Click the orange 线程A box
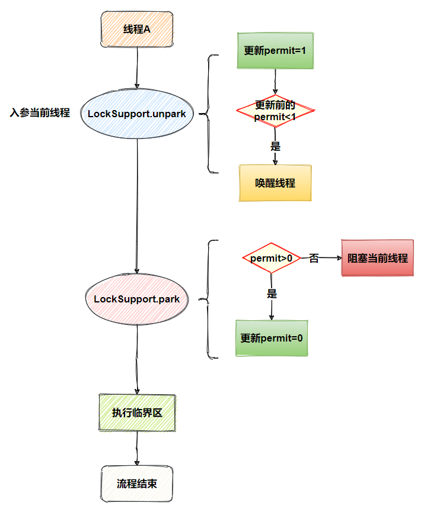tap(137, 30)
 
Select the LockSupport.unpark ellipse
tap(137, 113)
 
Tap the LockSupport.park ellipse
tap(137, 299)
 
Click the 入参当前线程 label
tap(40, 113)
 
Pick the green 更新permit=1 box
tap(275, 50)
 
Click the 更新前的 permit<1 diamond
tap(275, 111)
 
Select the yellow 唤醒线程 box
tap(275, 183)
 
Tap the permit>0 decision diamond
tap(272, 258)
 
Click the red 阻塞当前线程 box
tap(377, 258)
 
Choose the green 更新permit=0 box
tap(272, 339)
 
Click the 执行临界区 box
tap(137, 413)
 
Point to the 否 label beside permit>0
tap(314, 258)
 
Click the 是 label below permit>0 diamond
tap(272, 294)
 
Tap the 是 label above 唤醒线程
tap(275, 146)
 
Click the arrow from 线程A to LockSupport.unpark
tap(137, 67)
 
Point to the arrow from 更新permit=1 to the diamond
tap(275, 81)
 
